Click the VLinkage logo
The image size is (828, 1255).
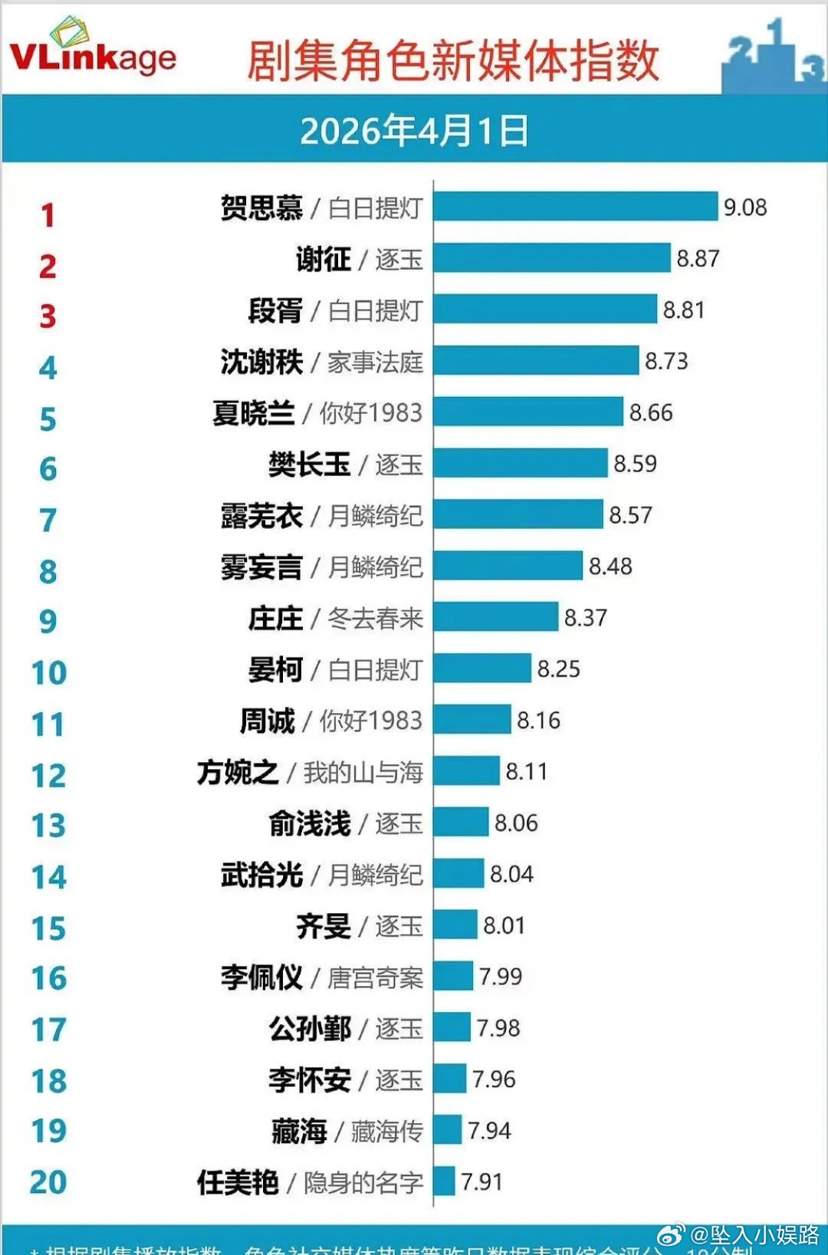click(x=92, y=51)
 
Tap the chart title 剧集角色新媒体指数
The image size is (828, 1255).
click(x=452, y=61)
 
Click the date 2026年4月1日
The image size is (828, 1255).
click(x=414, y=131)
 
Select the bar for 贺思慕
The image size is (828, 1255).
click(x=575, y=207)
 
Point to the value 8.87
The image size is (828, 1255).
click(x=698, y=259)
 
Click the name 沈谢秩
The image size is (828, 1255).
click(x=261, y=362)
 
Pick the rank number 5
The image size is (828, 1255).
click(x=48, y=419)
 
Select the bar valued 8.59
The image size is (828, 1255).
click(x=521, y=464)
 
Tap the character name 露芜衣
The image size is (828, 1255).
click(x=261, y=516)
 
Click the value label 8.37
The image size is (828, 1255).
click(x=586, y=618)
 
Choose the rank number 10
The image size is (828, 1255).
click(x=48, y=673)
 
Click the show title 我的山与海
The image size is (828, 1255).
click(x=363, y=772)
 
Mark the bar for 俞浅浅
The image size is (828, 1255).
click(x=461, y=823)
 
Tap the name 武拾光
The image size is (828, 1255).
click(x=261, y=875)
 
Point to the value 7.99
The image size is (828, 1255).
click(x=501, y=977)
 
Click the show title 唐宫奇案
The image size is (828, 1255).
click(x=375, y=977)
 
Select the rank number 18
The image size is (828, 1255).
click(x=48, y=1081)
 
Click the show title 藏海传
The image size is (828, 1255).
click(x=386, y=1132)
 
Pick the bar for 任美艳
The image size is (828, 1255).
click(x=444, y=1181)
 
